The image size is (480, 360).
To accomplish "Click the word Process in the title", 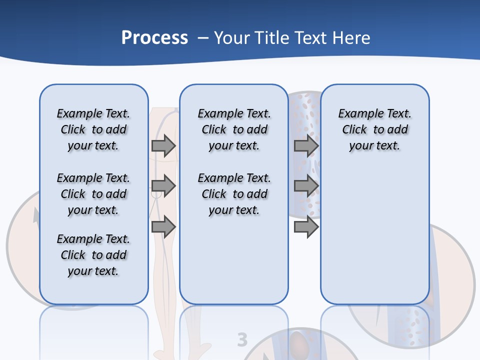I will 154,38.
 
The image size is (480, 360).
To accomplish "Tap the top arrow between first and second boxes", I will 163,145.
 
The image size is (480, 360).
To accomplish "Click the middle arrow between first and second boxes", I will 163,186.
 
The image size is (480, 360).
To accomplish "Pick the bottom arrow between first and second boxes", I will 163,227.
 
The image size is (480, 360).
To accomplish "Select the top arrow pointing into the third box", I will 306,145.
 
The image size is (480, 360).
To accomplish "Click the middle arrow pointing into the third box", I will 306,186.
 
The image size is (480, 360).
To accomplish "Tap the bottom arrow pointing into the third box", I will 306,227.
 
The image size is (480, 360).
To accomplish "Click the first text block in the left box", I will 93,129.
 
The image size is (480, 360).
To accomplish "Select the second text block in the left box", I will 93,194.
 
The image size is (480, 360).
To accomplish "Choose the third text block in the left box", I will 93,255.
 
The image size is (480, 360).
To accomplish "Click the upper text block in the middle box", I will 234,129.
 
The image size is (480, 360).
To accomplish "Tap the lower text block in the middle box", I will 234,194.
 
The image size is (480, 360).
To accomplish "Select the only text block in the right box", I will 374,129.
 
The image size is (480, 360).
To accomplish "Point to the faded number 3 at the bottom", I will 242,339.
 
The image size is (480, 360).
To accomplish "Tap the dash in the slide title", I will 203,38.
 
